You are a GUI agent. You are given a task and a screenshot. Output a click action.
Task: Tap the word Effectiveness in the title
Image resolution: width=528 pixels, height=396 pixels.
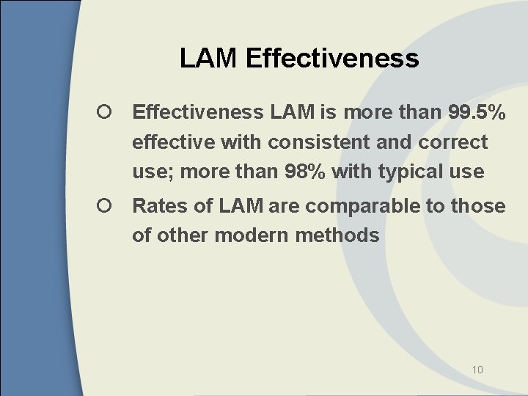coord(332,58)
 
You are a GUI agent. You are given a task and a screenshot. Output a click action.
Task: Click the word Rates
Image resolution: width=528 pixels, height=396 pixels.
coord(160,206)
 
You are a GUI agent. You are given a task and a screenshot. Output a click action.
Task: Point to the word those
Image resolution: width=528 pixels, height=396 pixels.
coord(478,206)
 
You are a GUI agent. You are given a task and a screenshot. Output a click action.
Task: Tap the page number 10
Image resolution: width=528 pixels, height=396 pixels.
coord(477,370)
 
